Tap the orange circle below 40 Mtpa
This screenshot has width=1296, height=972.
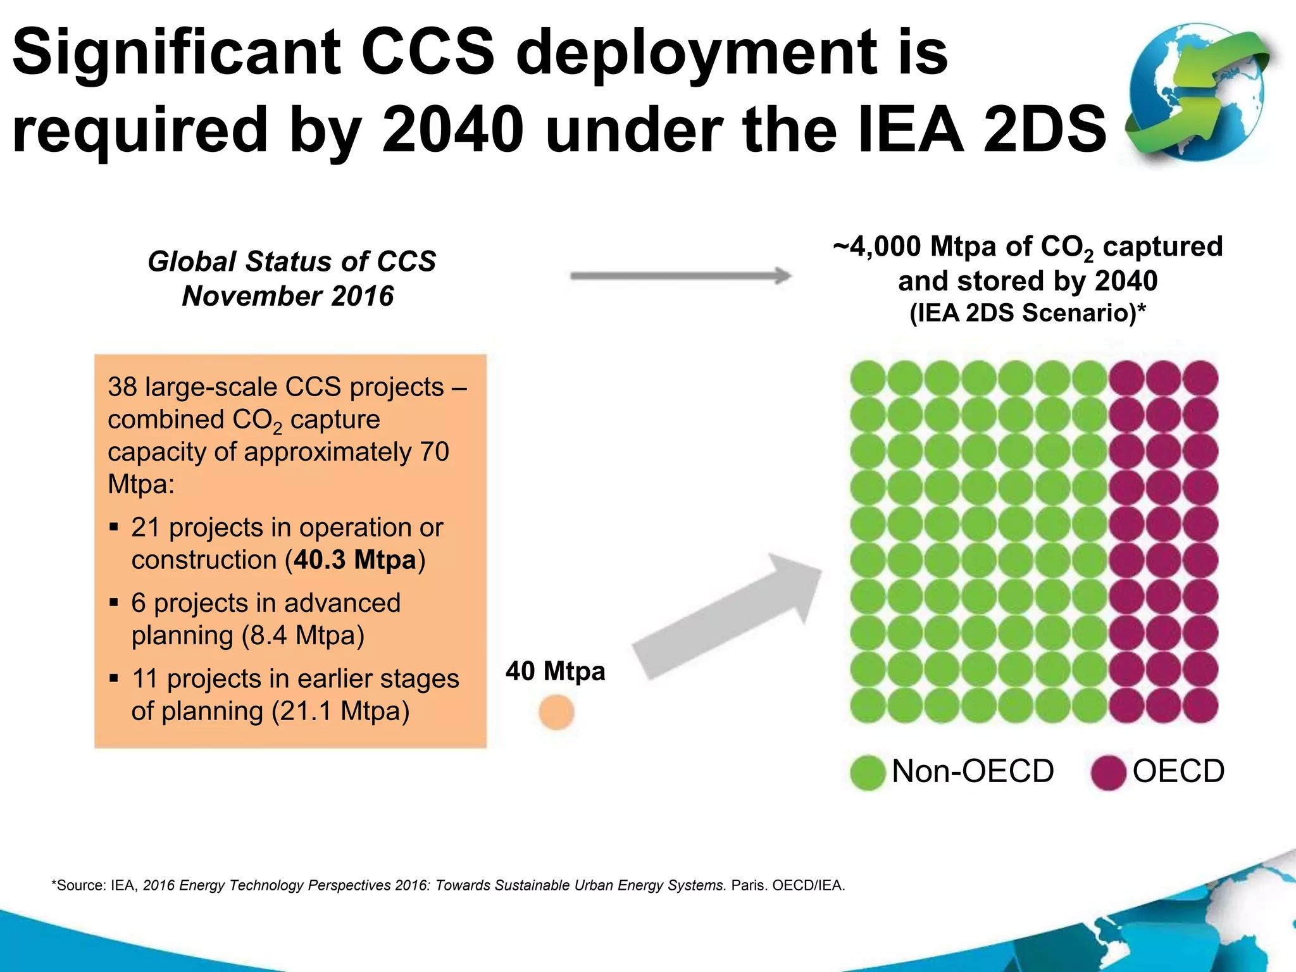coord(556,712)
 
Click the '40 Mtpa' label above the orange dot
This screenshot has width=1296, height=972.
coord(555,671)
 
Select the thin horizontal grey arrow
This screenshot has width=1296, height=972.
coord(680,275)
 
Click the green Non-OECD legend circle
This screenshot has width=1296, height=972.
coord(867,773)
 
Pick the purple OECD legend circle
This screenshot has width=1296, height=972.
coord(1109,773)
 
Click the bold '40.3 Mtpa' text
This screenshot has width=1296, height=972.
coord(354,560)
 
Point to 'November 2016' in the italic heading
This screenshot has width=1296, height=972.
coord(288,296)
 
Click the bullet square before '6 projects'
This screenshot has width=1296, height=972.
coord(114,602)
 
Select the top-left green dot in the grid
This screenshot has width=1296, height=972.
coord(868,378)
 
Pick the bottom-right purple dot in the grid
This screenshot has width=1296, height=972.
coord(1200,705)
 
